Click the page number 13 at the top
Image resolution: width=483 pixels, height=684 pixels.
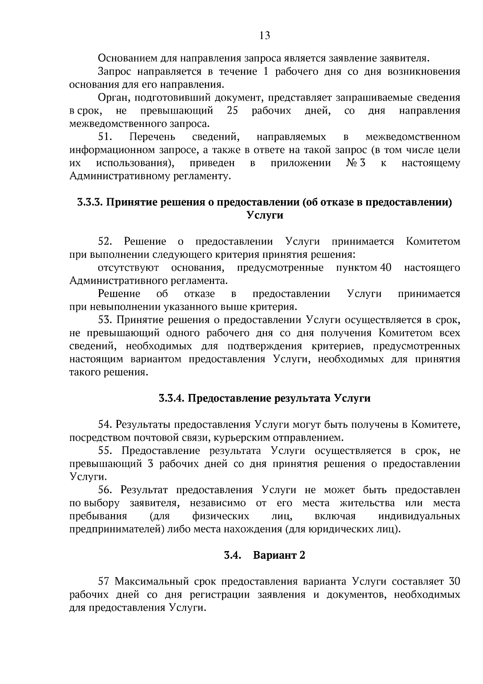(264, 36)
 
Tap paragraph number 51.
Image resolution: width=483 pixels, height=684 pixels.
(106, 137)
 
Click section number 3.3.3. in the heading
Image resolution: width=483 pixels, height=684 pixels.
(90, 202)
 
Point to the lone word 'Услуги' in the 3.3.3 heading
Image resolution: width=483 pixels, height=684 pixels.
(264, 215)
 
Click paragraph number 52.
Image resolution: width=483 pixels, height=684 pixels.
(106, 242)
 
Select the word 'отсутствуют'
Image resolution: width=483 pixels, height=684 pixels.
(128, 268)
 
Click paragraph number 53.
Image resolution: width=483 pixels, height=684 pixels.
(106, 320)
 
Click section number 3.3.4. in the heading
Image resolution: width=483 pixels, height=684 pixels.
(171, 398)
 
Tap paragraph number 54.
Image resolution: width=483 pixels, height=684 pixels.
(106, 425)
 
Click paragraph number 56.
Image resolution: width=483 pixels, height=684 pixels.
(106, 490)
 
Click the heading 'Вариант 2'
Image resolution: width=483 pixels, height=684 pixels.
(279, 555)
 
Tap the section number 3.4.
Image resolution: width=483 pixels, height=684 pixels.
(232, 555)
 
